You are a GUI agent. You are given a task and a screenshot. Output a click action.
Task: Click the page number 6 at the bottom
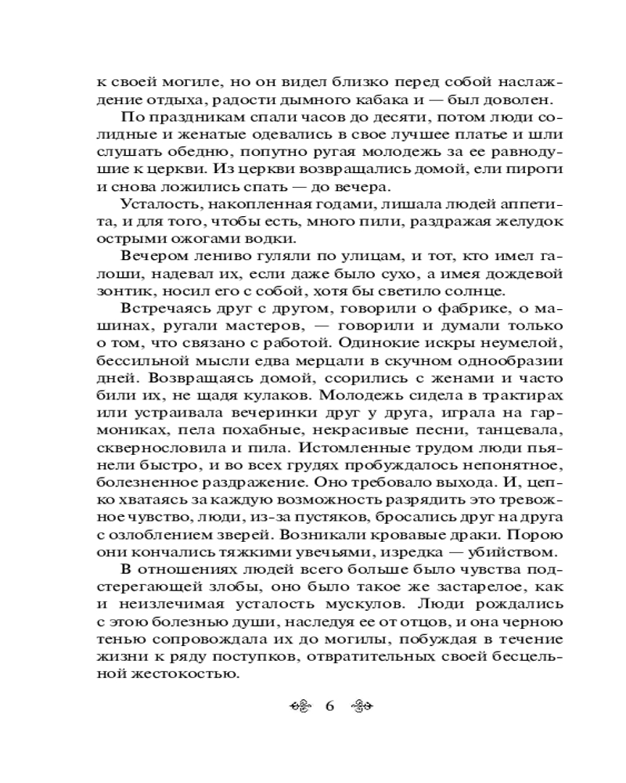click(x=329, y=705)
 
